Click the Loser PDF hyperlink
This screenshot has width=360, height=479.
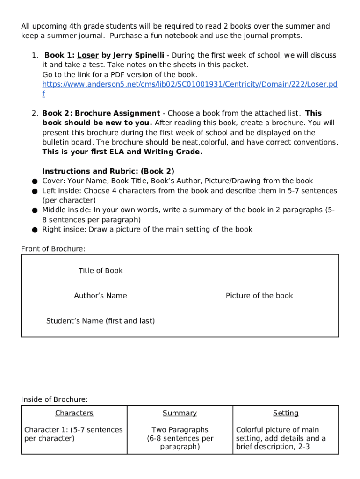189,84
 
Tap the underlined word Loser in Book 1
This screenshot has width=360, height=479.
88,55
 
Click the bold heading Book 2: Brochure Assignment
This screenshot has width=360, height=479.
101,113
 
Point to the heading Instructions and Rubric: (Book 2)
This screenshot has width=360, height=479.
108,171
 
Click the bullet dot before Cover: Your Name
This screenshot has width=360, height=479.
35,181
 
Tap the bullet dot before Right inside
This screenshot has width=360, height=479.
35,230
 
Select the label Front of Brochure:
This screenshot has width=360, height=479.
53,249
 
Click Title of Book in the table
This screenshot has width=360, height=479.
101,270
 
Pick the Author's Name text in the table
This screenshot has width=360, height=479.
101,296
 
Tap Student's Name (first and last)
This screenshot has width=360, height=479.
101,321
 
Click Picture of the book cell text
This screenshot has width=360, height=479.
259,296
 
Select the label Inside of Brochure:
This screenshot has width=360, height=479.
54,399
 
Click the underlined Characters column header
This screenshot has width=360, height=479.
74,413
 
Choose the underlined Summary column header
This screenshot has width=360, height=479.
180,413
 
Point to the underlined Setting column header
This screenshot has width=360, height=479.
286,413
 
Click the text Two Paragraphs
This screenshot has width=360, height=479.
180,430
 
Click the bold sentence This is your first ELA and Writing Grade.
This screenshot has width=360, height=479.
122,152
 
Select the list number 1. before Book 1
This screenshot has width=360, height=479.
35,55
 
